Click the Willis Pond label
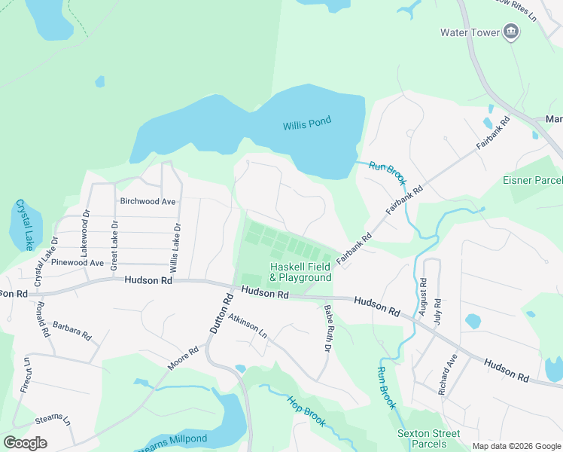pyautogui.click(x=308, y=126)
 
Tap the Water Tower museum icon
pyautogui.click(x=512, y=32)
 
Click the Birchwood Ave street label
pyautogui.click(x=148, y=201)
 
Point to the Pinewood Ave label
pyautogui.click(x=77, y=263)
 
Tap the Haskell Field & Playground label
pyautogui.click(x=300, y=273)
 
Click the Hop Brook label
pyautogui.click(x=306, y=411)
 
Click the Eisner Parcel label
pyautogui.click(x=532, y=181)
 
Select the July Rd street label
pyautogui.click(x=437, y=311)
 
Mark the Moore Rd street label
pyautogui.click(x=183, y=358)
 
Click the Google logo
pyautogui.click(x=26, y=442)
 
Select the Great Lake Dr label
pyautogui.click(x=114, y=246)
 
